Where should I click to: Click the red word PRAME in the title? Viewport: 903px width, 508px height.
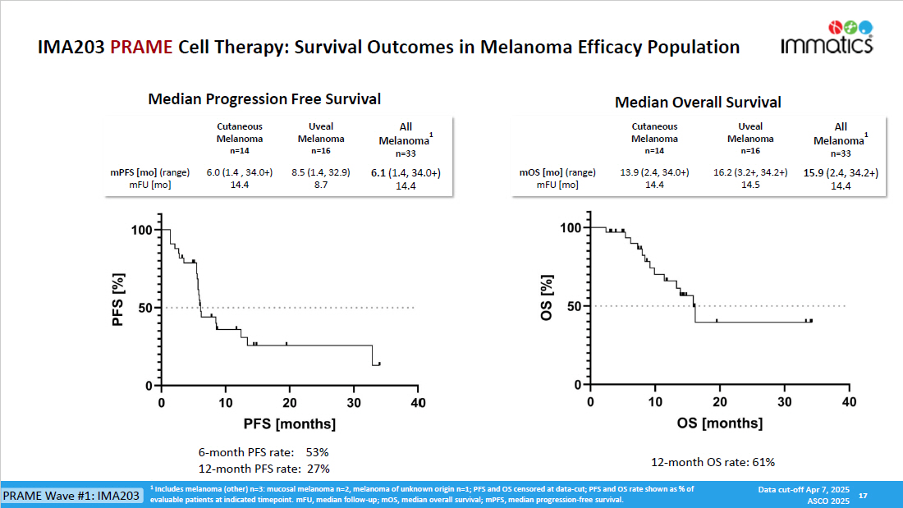pyautogui.click(x=141, y=47)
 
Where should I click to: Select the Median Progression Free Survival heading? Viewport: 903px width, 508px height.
pyautogui.click(x=264, y=99)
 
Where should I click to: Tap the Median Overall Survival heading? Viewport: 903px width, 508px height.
pyautogui.click(x=698, y=103)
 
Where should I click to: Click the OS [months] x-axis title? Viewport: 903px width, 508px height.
pyautogui.click(x=720, y=423)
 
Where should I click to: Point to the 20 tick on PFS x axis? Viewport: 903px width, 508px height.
pyautogui.click(x=290, y=403)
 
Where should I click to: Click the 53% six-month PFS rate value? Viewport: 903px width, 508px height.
pyautogui.click(x=317, y=452)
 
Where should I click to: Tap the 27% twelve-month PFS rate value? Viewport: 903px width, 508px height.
pyautogui.click(x=317, y=469)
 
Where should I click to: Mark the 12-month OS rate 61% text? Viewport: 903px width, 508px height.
pyautogui.click(x=713, y=463)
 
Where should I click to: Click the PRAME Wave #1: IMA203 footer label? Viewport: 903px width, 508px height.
pyautogui.click(x=71, y=496)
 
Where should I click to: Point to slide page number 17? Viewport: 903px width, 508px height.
pyautogui.click(x=863, y=496)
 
